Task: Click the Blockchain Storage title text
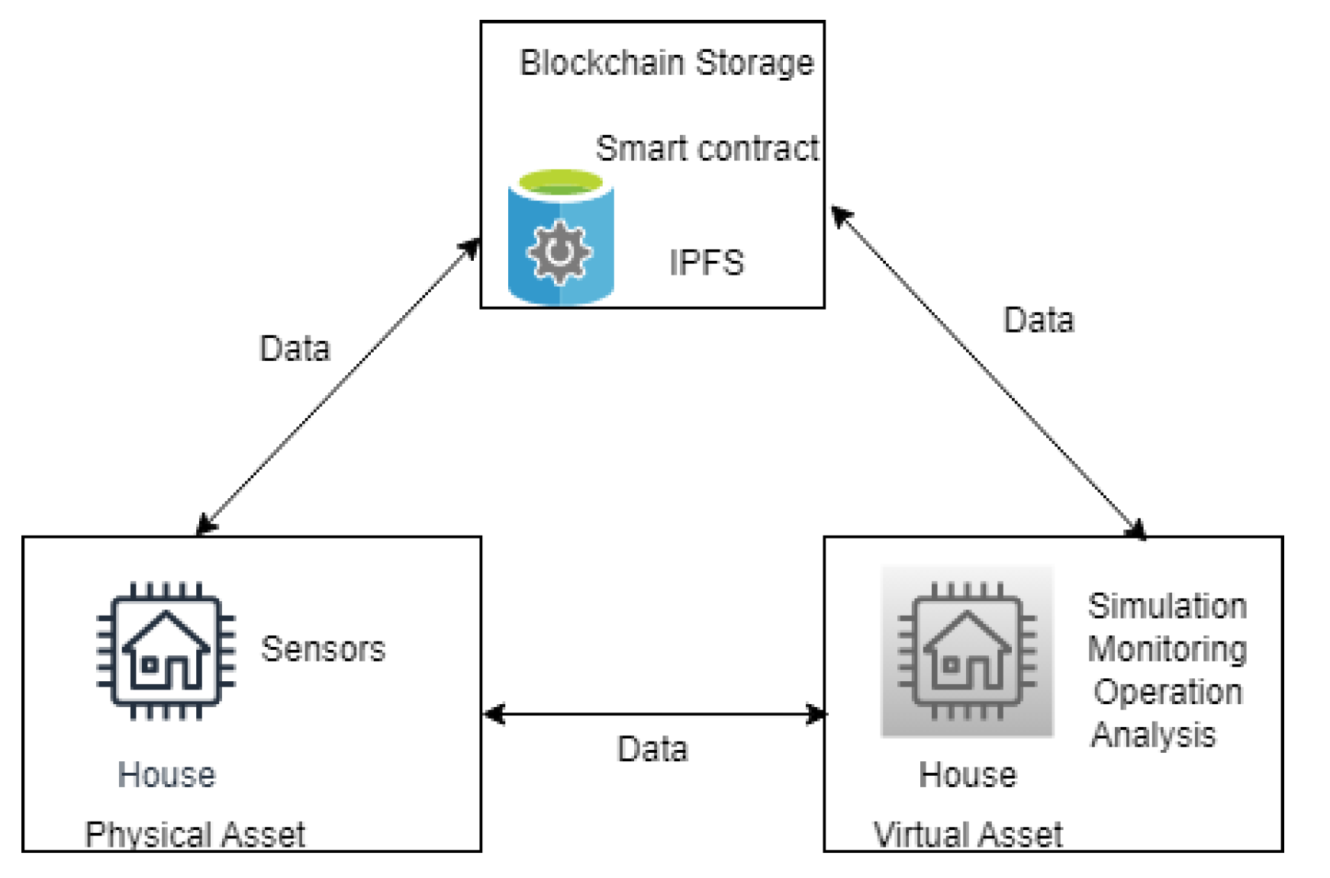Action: (x=666, y=63)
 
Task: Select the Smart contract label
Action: (x=707, y=148)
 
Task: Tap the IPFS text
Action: (x=706, y=263)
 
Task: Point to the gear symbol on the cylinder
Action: (x=559, y=252)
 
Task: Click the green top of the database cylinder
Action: (x=561, y=182)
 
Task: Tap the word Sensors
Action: (x=323, y=649)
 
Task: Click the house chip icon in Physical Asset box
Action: (x=166, y=651)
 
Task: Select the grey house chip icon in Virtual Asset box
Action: (x=967, y=651)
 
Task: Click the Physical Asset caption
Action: (x=195, y=835)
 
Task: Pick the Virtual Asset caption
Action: (x=968, y=835)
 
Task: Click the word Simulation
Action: (x=1167, y=606)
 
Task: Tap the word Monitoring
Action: (x=1167, y=649)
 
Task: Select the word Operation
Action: (x=1167, y=692)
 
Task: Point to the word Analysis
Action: (x=1153, y=735)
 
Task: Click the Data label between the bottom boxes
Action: (x=652, y=749)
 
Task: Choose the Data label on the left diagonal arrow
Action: (x=295, y=349)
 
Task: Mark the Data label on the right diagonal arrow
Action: (x=1038, y=320)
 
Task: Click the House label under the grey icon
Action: (x=967, y=775)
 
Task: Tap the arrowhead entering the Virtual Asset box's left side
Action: (x=816, y=714)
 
